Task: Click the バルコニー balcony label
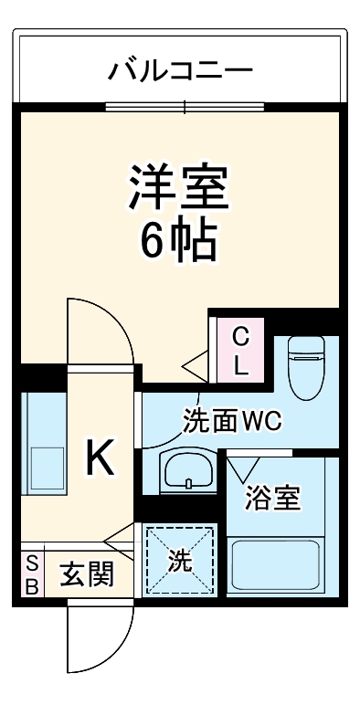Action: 180,68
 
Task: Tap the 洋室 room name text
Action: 178,187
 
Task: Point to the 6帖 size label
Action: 178,240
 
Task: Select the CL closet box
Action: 239,351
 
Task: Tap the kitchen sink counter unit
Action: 43,444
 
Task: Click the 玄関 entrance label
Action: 88,575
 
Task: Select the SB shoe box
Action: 31,575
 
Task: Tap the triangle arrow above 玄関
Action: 119,539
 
